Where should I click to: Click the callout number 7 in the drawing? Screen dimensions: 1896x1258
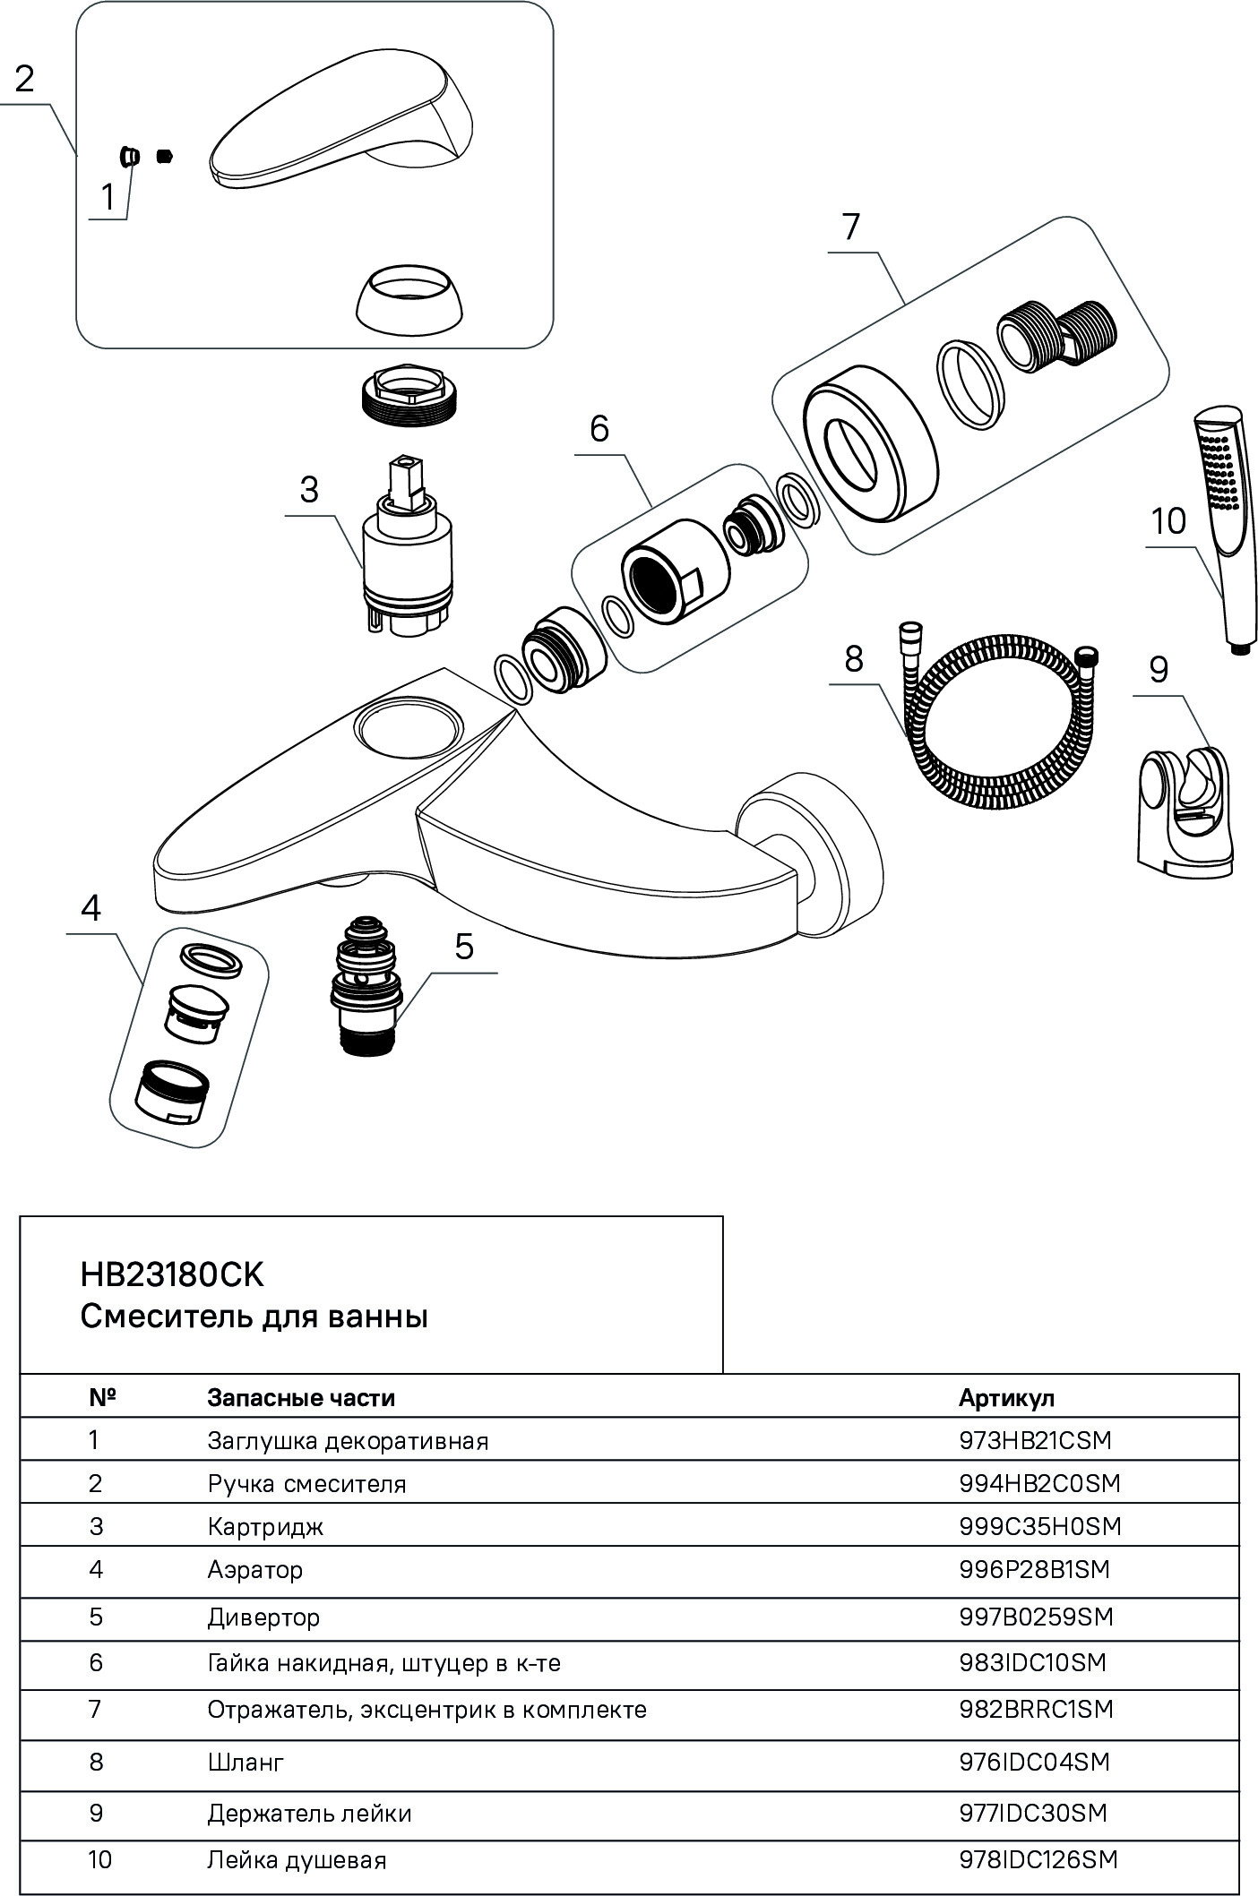849,227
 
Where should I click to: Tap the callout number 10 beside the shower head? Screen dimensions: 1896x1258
1168,521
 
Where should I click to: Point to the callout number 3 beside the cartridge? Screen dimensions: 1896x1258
309,490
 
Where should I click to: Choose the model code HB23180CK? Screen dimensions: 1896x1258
172,1274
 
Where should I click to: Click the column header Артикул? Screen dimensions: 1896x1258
1006,1397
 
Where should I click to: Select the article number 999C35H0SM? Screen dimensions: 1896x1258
1039,1526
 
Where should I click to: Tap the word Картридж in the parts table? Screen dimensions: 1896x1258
265,1526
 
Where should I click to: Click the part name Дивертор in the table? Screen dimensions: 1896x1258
263,1617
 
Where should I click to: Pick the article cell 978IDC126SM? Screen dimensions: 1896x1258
1038,1859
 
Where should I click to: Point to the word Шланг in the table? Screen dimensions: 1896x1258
246,1762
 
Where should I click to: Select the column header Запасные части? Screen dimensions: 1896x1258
301,1397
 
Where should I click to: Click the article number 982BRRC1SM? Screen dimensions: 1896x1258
1036,1709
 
